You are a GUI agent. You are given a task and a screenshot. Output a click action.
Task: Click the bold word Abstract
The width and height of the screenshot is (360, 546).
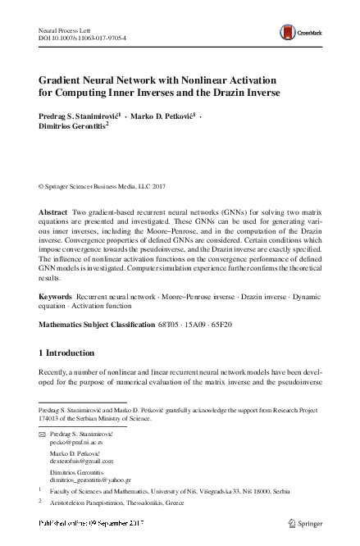53,212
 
